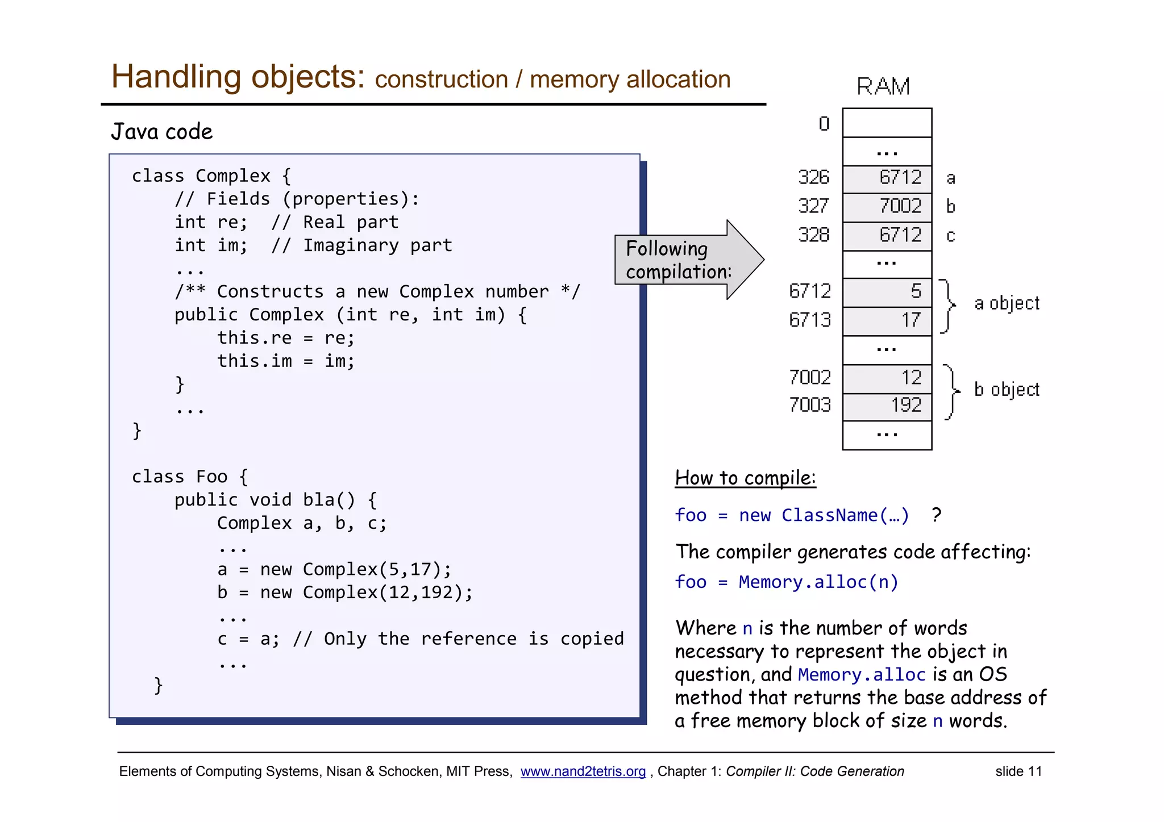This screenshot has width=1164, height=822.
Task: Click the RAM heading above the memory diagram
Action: pos(883,87)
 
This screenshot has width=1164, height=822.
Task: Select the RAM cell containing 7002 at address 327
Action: pos(887,206)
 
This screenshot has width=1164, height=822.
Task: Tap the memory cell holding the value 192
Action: pos(887,406)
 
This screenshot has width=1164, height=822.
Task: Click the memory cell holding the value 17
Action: pos(887,320)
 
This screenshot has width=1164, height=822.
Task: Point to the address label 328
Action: pos(813,235)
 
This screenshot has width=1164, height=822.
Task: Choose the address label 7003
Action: pos(809,405)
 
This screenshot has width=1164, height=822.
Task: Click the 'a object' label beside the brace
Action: pos(1007,303)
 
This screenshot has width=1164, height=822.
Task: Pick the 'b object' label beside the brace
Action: pos(1007,390)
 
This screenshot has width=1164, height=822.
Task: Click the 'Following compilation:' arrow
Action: pos(682,260)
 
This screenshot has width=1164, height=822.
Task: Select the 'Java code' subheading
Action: pos(162,132)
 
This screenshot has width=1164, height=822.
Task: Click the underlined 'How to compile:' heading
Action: pos(745,478)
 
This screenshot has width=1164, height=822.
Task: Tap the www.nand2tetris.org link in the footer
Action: pos(583,771)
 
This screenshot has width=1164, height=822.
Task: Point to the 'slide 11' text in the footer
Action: pos(1018,771)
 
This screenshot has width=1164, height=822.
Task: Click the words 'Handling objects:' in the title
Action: pos(238,77)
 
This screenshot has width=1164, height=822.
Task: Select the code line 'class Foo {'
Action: pos(190,477)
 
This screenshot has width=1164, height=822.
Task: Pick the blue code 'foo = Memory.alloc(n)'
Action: pos(787,582)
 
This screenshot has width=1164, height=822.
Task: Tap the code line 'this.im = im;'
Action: pos(286,361)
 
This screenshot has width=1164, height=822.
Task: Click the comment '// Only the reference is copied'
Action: pos(458,639)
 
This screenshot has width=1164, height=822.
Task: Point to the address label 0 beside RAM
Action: pos(824,124)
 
